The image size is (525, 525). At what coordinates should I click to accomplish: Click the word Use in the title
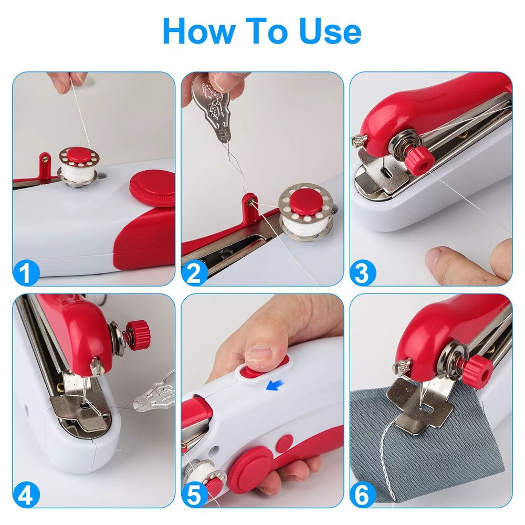(330, 31)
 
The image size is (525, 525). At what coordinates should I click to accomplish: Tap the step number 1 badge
(27, 272)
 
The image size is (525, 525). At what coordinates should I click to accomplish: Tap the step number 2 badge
(195, 272)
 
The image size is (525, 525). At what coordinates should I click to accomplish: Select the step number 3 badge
(363, 272)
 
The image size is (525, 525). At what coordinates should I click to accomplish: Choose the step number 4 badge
(27, 495)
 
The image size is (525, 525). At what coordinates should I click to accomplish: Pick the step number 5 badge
(195, 495)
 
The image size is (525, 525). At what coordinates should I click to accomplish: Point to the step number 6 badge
(363, 495)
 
